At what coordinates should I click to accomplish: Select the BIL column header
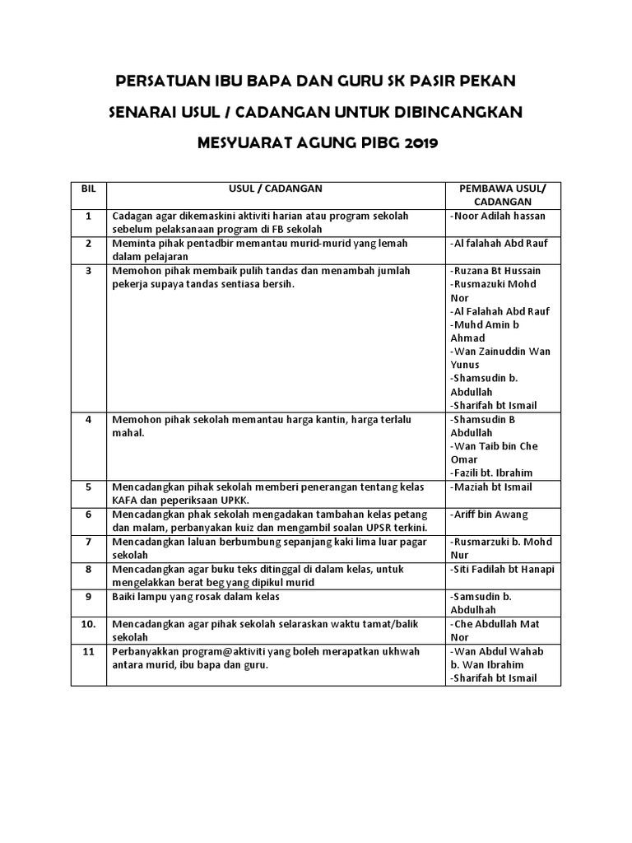(x=89, y=189)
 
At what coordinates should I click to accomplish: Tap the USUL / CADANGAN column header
(x=276, y=189)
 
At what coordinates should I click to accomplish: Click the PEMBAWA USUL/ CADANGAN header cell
(x=502, y=195)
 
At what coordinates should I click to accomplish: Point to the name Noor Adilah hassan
(x=499, y=216)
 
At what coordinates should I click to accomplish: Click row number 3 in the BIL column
(x=89, y=270)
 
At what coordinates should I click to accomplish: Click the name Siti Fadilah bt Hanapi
(x=502, y=569)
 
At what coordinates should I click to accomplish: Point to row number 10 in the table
(x=89, y=624)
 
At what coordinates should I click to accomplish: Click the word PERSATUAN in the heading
(x=157, y=83)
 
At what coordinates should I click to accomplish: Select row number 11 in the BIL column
(x=89, y=651)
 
